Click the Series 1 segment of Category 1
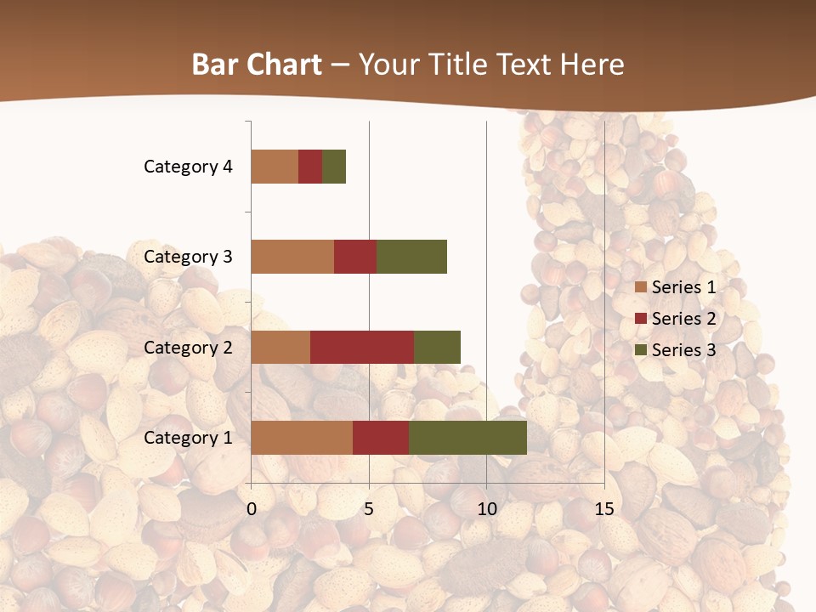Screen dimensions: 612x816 pos(302,438)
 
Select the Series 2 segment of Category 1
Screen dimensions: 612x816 pos(381,438)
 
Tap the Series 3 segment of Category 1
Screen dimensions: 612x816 pos(467,438)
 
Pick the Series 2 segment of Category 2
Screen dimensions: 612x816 pos(362,347)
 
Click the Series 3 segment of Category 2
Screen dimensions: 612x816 pos(437,347)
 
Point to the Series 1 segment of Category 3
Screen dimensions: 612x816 pos(292,257)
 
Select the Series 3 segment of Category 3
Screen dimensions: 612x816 pos(411,257)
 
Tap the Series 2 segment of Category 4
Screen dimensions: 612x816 pos(310,167)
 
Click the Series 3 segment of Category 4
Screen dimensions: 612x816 pos(334,167)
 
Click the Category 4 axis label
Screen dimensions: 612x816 pos(188,167)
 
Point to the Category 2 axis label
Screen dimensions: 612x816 pos(188,347)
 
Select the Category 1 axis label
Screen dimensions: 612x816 pos(188,438)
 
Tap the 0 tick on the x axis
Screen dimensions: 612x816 pos(252,509)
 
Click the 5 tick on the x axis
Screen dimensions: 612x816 pos(369,509)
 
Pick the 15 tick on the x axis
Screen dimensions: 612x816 pos(603,509)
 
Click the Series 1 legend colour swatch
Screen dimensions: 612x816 pos(641,287)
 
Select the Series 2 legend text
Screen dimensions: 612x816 pos(683,319)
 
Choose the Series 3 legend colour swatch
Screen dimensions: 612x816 pos(641,350)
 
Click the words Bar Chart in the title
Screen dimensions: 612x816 pos(257,65)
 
